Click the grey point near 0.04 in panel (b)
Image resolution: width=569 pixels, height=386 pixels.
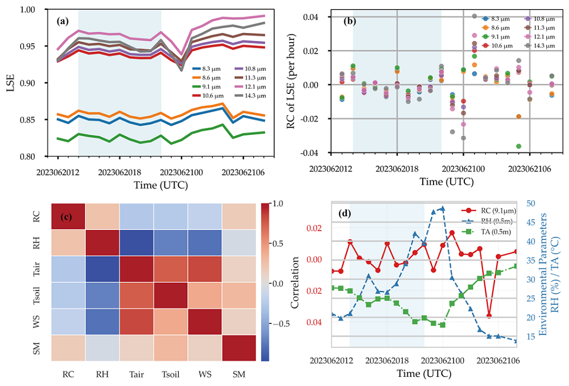point(474,16)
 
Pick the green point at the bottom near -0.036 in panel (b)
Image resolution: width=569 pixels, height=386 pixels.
point(518,146)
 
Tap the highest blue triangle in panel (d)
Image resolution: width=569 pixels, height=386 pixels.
point(443,209)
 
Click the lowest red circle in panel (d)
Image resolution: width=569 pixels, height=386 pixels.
point(489,315)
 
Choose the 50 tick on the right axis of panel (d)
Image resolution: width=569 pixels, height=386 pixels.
point(530,203)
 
